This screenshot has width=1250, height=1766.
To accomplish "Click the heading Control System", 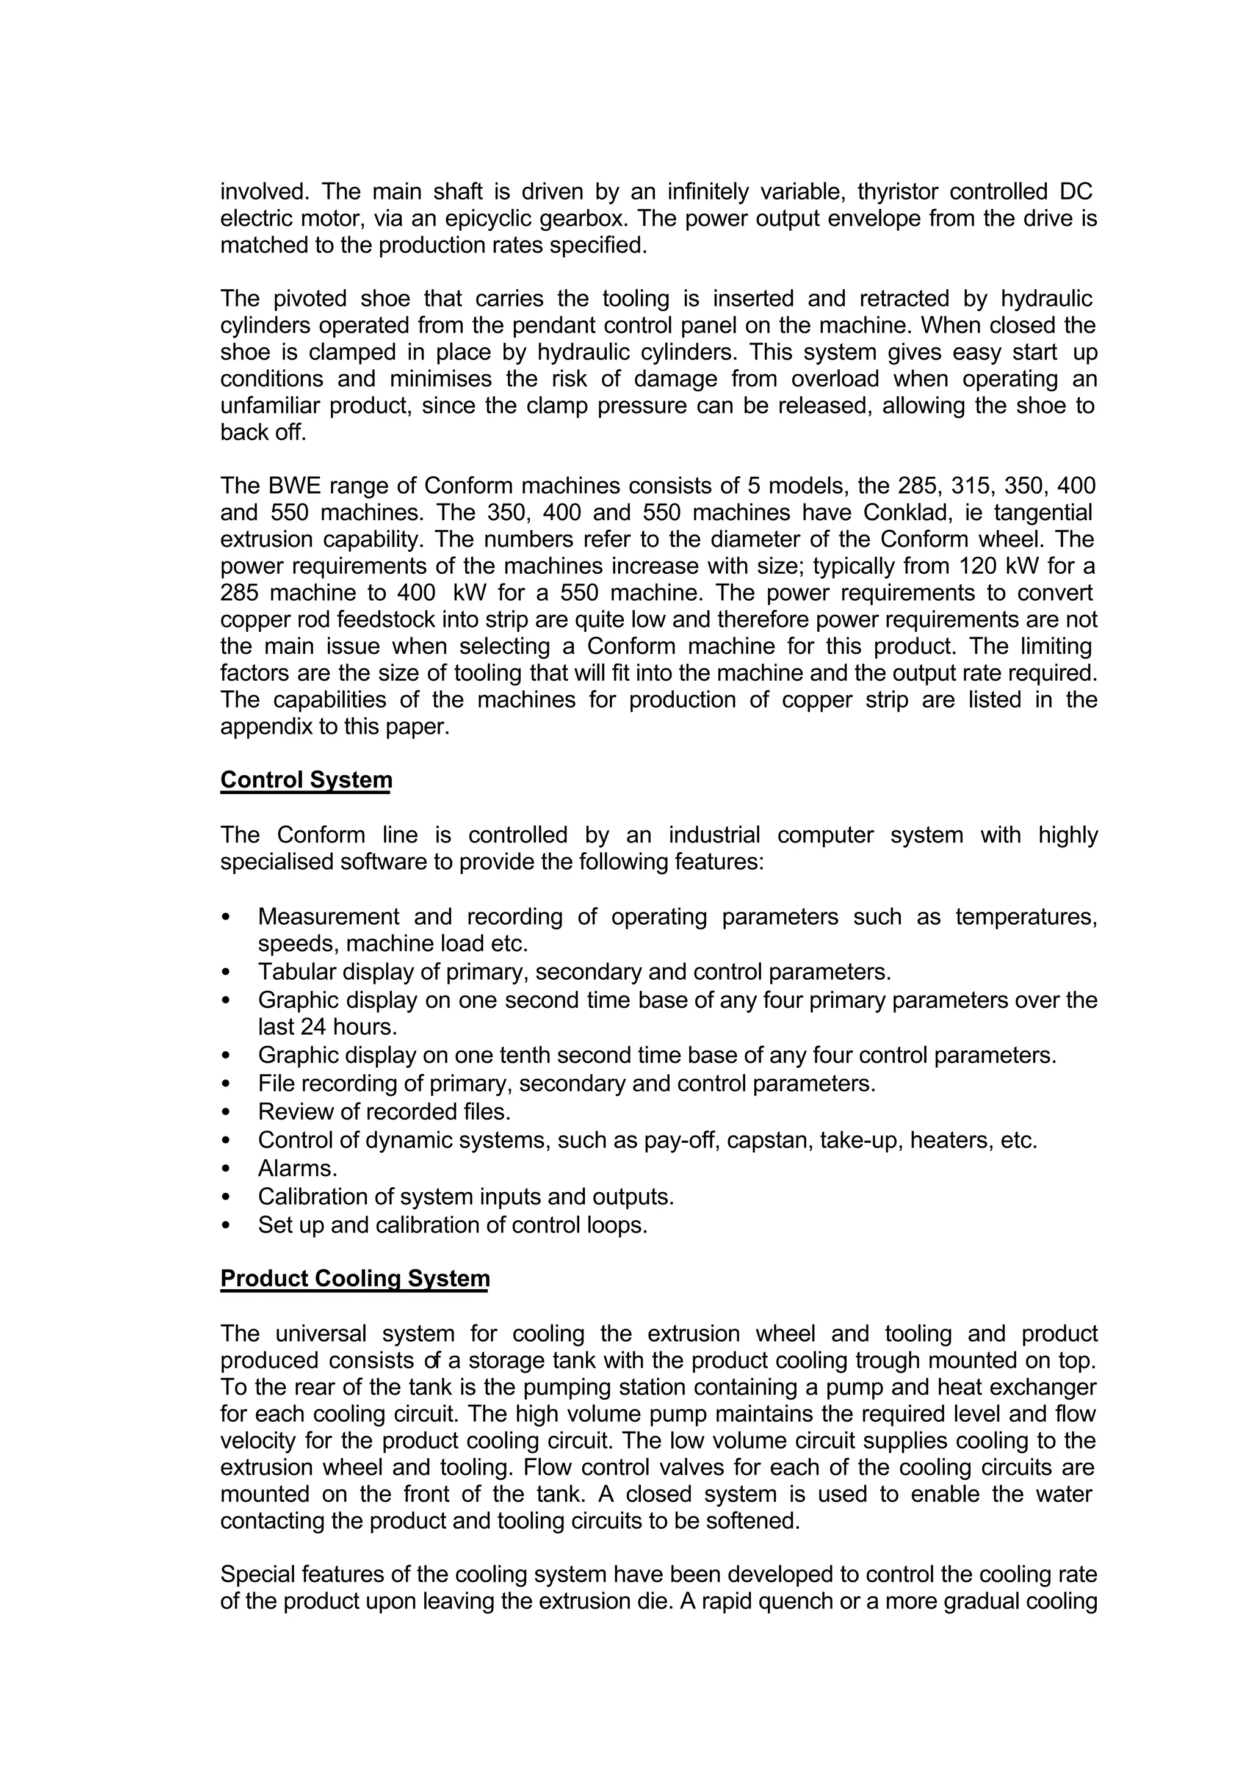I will tap(306, 780).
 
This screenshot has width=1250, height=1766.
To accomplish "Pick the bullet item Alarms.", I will tap(297, 1168).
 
